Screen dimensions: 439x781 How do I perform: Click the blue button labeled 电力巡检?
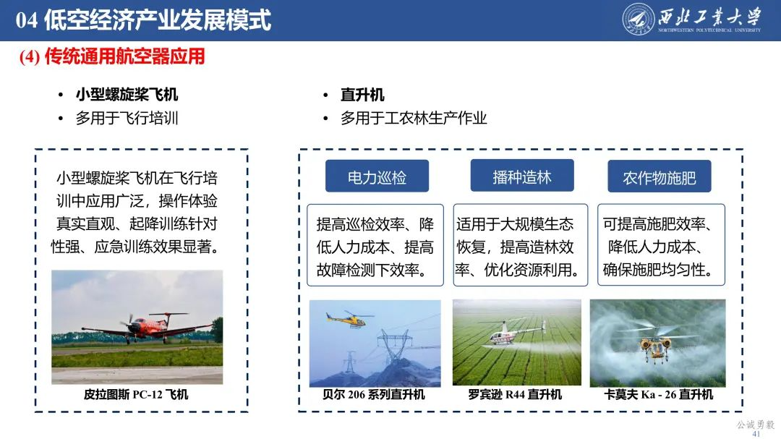(x=377, y=177)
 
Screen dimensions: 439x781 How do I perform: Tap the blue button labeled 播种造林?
(x=522, y=176)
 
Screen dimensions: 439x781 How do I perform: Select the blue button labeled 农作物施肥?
(x=660, y=177)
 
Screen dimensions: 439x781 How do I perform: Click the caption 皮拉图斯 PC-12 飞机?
(x=136, y=394)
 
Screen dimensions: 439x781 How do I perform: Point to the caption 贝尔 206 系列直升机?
(x=374, y=394)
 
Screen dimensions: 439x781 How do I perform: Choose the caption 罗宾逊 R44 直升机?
(x=515, y=394)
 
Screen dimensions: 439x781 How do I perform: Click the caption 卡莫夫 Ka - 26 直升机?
(x=658, y=394)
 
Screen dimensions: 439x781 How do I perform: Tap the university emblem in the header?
(x=639, y=20)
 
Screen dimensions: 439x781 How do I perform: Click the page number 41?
(x=756, y=433)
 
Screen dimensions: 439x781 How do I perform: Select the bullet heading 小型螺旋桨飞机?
(x=127, y=95)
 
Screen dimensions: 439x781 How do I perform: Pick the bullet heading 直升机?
(x=362, y=95)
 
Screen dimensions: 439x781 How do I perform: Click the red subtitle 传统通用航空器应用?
(x=124, y=57)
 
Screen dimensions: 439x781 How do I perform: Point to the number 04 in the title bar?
(x=27, y=20)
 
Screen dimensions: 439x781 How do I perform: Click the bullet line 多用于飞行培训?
(x=127, y=118)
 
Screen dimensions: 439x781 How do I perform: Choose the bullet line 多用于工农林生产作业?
(x=414, y=118)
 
